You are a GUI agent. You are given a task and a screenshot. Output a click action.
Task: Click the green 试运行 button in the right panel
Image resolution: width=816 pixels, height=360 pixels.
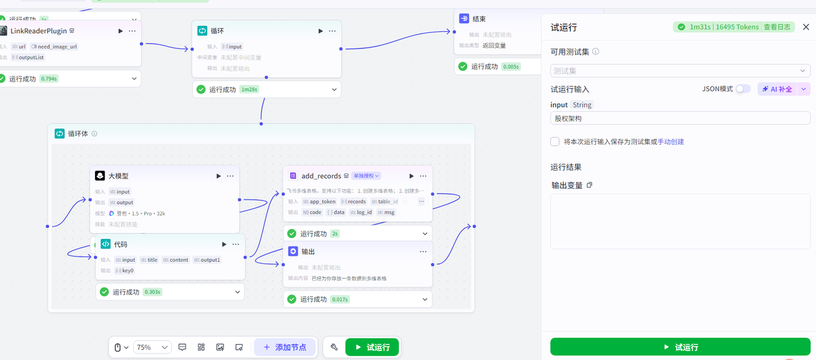[680, 347]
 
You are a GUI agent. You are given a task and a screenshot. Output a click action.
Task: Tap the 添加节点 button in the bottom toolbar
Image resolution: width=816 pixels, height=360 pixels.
[284, 347]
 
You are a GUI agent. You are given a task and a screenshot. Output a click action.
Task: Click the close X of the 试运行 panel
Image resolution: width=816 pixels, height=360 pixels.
[806, 27]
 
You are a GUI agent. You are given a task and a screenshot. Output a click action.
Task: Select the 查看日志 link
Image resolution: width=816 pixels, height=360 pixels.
[777, 27]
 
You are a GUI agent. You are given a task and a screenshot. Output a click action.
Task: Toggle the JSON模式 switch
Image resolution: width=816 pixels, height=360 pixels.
[743, 89]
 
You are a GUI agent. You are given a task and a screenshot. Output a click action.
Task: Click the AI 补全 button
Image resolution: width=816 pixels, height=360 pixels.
[778, 89]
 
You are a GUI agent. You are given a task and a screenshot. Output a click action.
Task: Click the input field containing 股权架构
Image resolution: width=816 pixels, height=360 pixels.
[680, 119]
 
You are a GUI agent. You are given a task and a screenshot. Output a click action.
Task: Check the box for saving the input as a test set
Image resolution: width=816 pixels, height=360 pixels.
[555, 141]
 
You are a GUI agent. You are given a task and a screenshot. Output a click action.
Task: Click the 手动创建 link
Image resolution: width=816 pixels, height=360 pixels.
[671, 141]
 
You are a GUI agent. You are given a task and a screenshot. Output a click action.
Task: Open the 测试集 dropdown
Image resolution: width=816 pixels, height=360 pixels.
[680, 71]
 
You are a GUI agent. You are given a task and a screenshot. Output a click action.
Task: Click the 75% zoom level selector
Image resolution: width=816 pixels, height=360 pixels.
[152, 347]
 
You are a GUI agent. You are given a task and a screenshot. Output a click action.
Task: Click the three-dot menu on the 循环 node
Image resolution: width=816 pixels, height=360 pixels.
[332, 31]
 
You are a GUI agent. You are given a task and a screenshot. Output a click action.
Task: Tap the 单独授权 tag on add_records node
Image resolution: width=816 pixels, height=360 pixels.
[366, 176]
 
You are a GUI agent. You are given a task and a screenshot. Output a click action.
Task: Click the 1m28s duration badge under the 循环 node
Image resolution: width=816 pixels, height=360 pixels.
[249, 90]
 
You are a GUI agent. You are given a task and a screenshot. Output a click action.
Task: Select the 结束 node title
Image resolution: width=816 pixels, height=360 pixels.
[479, 19]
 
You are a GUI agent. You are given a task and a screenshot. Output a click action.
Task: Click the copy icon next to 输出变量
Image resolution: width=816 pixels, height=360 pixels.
[589, 185]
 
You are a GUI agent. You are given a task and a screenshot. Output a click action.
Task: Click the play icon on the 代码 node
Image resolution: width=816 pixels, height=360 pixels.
[224, 244]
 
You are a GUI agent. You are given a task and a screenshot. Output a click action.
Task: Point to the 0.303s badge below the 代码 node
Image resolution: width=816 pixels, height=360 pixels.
[152, 292]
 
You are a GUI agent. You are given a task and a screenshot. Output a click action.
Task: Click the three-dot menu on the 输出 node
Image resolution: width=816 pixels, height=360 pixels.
[423, 252]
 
